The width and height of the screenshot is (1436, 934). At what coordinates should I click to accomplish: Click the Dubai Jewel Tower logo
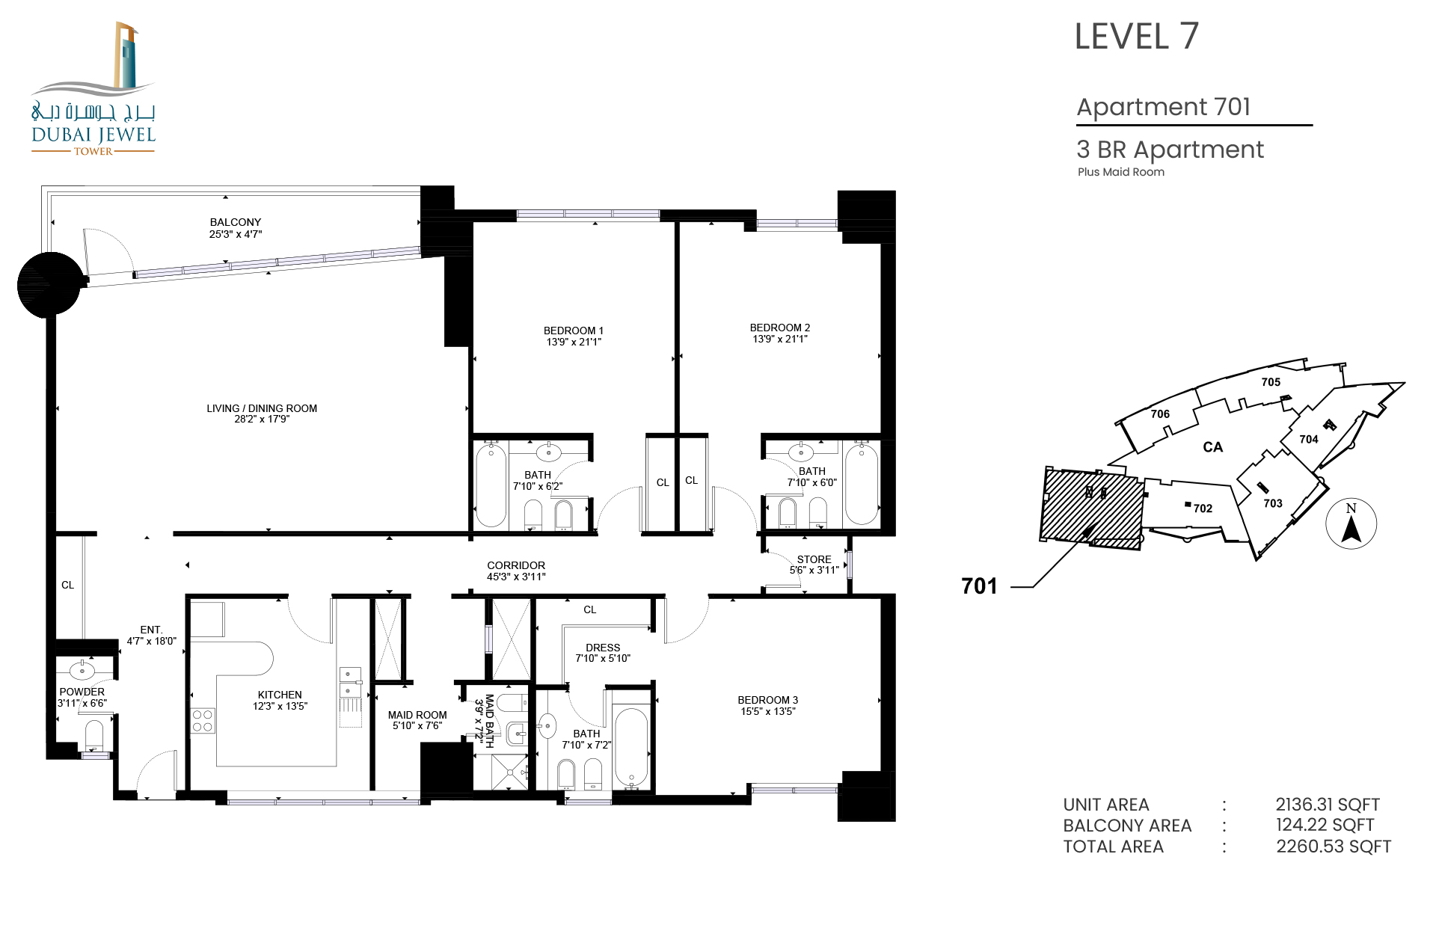[93, 88]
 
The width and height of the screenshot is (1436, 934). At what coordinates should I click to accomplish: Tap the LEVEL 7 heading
[1136, 37]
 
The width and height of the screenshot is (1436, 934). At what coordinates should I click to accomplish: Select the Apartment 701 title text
[1163, 107]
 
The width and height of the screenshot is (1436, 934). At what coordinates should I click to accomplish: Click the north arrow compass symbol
[1351, 523]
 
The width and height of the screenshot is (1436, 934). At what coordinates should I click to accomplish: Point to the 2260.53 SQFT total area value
[1334, 847]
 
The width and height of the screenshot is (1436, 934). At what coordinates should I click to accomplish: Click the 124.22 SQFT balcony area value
[1325, 825]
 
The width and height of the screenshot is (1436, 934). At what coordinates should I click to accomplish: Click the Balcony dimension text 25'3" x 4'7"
[236, 234]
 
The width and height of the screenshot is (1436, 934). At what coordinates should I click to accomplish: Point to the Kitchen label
[280, 695]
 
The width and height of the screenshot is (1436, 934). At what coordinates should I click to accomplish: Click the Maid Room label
[417, 715]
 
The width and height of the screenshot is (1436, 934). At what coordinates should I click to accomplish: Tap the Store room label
[814, 559]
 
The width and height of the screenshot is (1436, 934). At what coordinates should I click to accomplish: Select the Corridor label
[516, 565]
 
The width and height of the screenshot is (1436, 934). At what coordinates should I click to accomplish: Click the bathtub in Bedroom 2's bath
[861, 483]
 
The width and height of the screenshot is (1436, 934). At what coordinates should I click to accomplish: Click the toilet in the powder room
[93, 734]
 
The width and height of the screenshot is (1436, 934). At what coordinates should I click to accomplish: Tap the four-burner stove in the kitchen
[203, 721]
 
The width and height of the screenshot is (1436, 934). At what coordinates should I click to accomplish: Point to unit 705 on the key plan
[1271, 382]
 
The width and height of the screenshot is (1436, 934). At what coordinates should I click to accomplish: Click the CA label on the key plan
[1212, 447]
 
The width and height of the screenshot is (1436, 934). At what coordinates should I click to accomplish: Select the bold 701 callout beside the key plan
[979, 586]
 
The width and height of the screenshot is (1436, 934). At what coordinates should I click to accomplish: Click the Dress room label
[603, 648]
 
